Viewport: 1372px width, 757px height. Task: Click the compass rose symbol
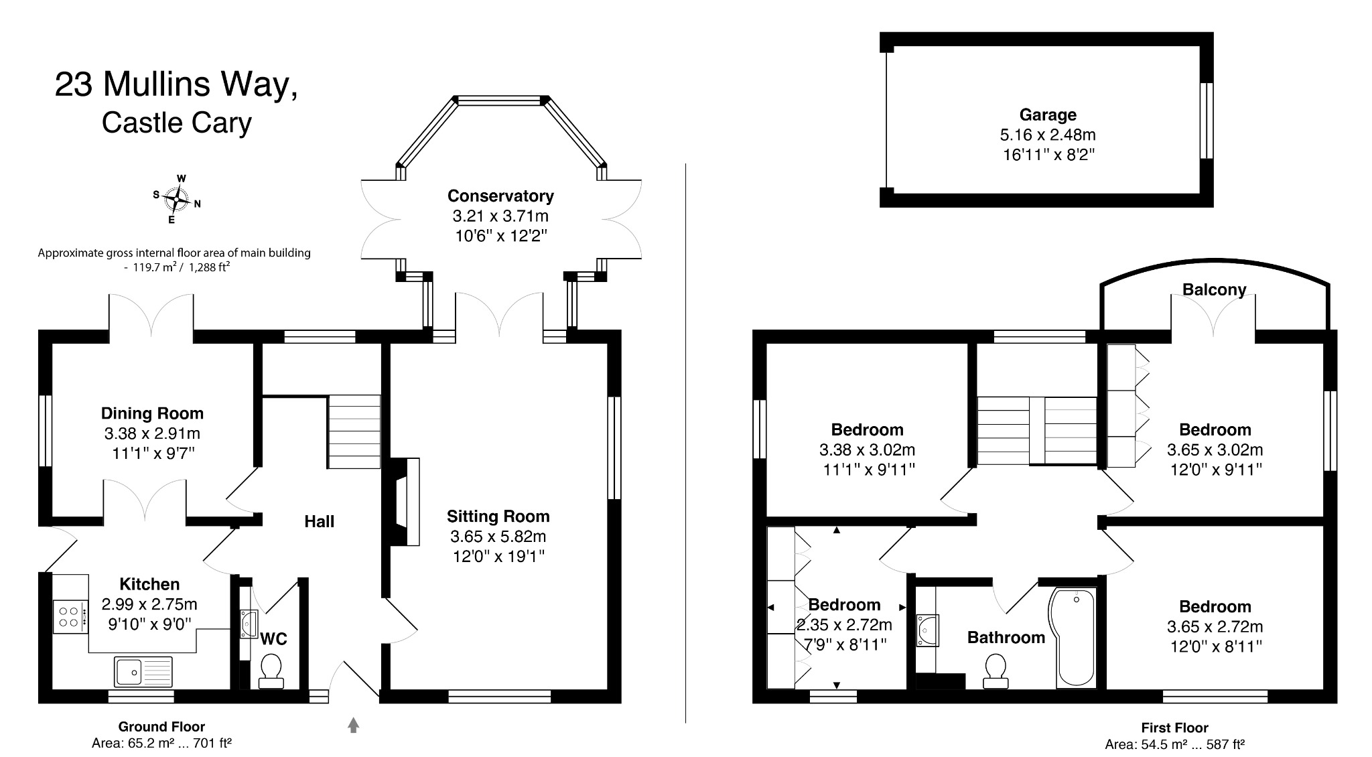[176, 199]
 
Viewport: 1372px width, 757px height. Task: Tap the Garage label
[1048, 115]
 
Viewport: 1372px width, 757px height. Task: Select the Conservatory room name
[500, 196]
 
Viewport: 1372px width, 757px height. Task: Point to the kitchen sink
[143, 671]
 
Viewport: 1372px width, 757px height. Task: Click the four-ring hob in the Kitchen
[70, 616]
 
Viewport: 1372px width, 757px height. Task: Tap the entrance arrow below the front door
[354, 725]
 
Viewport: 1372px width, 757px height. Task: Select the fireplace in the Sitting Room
[405, 502]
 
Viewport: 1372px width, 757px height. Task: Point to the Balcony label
[1214, 290]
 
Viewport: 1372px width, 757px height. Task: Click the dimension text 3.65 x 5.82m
[498, 537]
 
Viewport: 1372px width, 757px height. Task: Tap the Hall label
[319, 522]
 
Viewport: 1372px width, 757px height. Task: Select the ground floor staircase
[354, 431]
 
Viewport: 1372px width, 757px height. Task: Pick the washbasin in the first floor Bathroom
[929, 630]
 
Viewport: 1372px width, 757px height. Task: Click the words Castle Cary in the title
[177, 123]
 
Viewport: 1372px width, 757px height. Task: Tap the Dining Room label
[152, 413]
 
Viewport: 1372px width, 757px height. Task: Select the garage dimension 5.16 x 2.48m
[1048, 135]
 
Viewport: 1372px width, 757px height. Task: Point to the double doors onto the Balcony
[1213, 315]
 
